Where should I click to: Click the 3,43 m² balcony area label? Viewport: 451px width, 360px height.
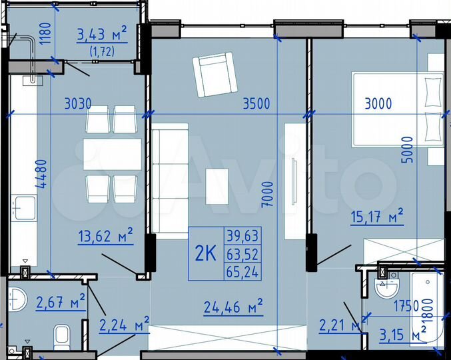click(x=102, y=32)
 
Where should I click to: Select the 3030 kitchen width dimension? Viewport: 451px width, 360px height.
click(x=77, y=103)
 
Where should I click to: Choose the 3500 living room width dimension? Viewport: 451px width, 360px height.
click(x=256, y=103)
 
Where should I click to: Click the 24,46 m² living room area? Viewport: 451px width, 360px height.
click(x=232, y=307)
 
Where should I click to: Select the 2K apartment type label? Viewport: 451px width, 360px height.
click(x=206, y=253)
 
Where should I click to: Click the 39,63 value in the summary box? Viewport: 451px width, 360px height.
click(x=243, y=235)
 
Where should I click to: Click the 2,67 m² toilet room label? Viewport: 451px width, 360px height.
click(x=59, y=302)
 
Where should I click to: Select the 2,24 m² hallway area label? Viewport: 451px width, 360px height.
click(x=124, y=325)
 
